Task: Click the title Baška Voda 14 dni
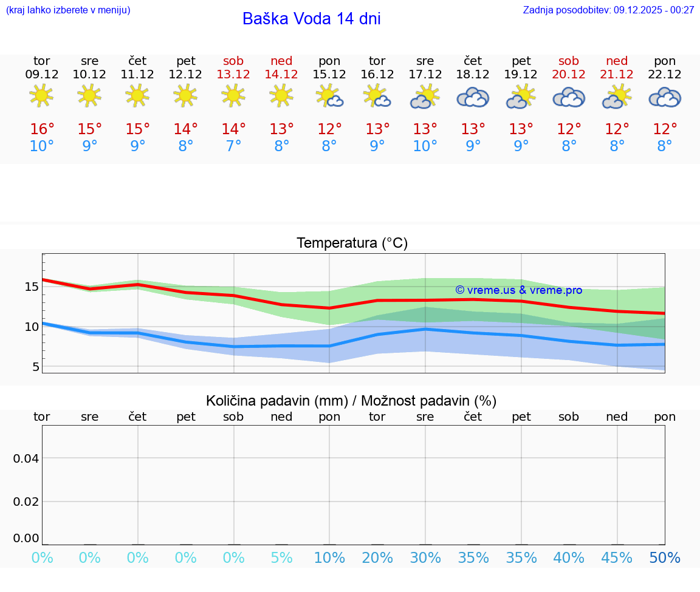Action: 311,19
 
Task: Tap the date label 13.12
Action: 233,74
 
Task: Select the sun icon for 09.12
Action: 41,95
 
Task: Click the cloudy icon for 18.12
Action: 473,97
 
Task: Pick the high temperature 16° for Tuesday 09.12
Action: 42,129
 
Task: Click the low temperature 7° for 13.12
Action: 233,146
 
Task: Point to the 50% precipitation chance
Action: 665,558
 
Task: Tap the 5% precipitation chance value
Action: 281,558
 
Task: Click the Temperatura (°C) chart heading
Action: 352,243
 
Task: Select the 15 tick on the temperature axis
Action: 32,287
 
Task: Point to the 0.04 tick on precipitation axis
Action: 26,458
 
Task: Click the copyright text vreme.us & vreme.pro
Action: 518,290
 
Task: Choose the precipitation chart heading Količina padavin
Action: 351,401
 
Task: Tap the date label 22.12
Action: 665,74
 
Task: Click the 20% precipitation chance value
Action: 377,558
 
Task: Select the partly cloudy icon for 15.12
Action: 329,96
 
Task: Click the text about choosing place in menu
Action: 68,10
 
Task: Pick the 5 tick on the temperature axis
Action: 35,367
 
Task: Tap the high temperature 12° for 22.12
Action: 665,129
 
